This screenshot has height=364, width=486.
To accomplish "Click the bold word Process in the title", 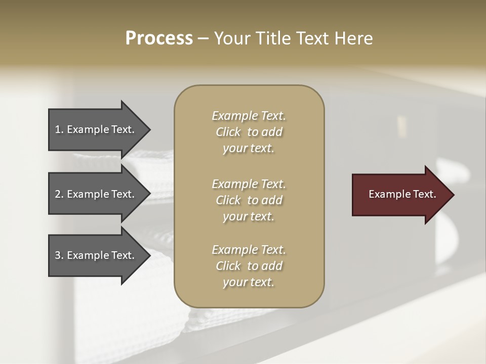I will click(159, 38).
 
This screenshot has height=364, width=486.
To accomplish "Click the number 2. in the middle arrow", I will click(59, 194).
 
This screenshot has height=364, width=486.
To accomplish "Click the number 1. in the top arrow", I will click(59, 129).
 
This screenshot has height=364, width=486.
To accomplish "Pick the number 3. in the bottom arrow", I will click(59, 255).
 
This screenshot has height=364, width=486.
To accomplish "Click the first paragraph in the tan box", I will click(249, 132).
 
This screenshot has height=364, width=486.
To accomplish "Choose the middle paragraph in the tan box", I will click(249, 200).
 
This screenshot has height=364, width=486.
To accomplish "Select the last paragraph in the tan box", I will click(249, 266).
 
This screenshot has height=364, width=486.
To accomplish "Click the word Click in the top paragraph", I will click(228, 132).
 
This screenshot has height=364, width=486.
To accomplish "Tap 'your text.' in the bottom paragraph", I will click(249, 282).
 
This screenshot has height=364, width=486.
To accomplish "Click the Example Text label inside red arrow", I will click(402, 194).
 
